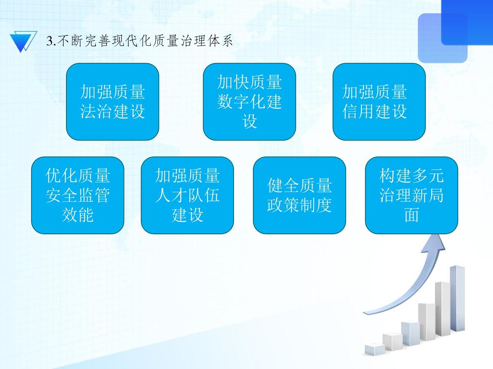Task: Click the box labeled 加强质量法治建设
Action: click(113, 102)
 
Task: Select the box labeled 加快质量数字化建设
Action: click(249, 102)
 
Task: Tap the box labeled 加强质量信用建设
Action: click(379, 102)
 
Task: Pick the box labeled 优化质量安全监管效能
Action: click(78, 195)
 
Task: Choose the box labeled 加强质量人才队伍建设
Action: click(187, 195)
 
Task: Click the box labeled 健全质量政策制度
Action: click(299, 195)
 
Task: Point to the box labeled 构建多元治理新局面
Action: click(411, 195)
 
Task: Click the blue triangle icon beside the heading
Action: click(22, 41)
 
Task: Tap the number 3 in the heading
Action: click(49, 41)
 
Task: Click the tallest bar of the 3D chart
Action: click(457, 299)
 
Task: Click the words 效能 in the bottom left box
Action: click(78, 215)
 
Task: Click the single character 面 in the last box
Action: click(411, 215)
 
